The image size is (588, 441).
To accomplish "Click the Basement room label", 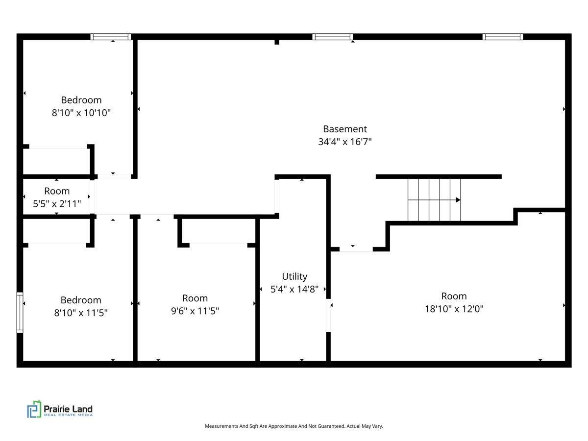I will tap(344, 129).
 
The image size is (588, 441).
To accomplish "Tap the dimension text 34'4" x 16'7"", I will tap(344, 142).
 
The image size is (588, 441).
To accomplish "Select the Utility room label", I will tap(294, 276).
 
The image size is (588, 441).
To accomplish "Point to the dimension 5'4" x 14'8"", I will tap(294, 289).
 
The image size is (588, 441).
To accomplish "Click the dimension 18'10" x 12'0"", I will tap(454, 309).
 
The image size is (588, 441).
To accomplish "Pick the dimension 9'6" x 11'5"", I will tap(195, 311).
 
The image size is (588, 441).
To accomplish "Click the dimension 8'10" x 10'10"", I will tap(81, 113).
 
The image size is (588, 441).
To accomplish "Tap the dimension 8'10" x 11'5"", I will tap(81, 313).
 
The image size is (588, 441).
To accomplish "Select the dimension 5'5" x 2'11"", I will tap(57, 203).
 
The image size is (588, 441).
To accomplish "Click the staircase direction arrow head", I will tap(458, 200).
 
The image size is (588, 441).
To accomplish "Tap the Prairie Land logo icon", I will tap(34, 409).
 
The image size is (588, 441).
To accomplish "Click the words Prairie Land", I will tap(68, 409).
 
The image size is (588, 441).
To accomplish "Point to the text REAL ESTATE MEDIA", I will tap(68, 416).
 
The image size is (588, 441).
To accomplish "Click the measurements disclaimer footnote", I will tap(294, 426).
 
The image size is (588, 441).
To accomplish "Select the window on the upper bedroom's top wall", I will tap(111, 37).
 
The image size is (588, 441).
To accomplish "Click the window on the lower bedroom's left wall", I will tap(20, 313).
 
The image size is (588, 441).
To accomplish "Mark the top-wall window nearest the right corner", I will tap(503, 37).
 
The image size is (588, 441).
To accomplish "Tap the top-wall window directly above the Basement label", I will tap(333, 37).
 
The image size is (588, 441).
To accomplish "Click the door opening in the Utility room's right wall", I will tap(328, 315).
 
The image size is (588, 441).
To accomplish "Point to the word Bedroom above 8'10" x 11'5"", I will tap(81, 300).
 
